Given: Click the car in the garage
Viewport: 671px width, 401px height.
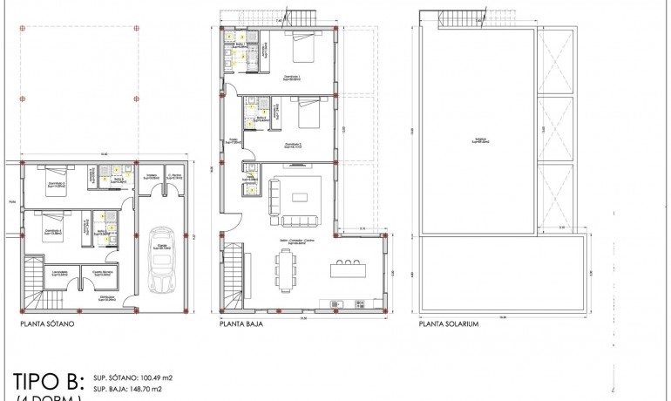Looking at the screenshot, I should (x=160, y=260).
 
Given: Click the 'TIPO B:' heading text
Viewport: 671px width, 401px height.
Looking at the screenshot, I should (x=49, y=381).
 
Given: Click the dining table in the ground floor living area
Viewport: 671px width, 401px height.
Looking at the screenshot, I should (x=285, y=270).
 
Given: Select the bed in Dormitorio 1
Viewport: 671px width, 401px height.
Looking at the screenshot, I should (x=302, y=50).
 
